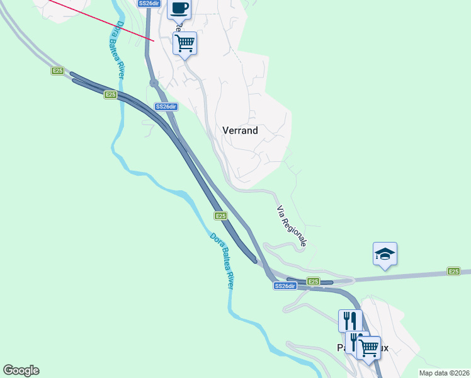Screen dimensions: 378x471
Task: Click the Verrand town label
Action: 240,130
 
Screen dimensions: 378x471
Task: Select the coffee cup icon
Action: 179,9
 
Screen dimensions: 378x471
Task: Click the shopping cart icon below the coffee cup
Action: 185,43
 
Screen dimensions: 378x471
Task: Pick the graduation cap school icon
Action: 385,254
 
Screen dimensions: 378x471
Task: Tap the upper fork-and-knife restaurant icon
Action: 350,320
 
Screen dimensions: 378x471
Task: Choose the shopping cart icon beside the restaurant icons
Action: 368,347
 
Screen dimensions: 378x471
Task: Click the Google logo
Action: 21,370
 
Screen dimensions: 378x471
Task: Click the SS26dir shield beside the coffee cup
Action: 149,3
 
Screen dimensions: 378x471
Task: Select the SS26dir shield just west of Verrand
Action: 166,106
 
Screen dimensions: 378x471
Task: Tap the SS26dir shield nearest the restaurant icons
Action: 285,286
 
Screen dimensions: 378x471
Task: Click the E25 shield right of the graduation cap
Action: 453,271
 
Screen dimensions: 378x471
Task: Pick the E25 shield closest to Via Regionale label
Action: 220,215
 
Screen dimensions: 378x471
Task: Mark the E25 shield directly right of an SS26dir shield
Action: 313,281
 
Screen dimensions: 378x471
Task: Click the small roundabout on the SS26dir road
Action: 154,83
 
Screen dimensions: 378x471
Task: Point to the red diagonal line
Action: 101,20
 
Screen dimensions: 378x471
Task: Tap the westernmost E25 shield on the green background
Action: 57,71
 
